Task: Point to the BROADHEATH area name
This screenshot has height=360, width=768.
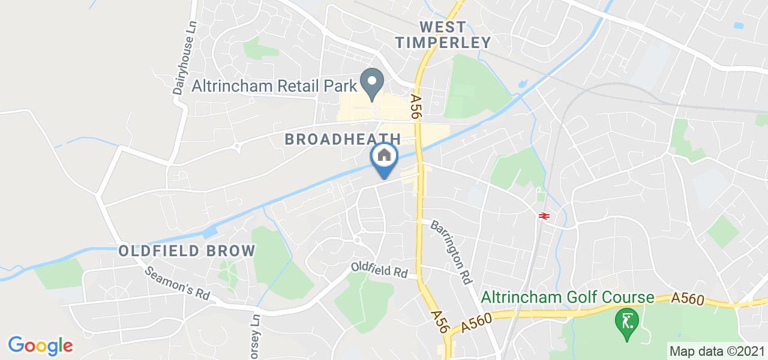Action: pyautogui.click(x=343, y=139)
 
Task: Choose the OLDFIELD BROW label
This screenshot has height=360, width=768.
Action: pyautogui.click(x=187, y=251)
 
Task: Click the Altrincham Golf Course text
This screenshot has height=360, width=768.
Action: pyautogui.click(x=567, y=298)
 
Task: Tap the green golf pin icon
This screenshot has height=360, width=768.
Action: pyautogui.click(x=626, y=320)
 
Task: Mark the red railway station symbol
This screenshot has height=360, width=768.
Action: pyautogui.click(x=545, y=216)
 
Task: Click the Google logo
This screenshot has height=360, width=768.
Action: pyautogui.click(x=40, y=345)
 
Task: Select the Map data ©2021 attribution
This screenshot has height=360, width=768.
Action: pyautogui.click(x=718, y=351)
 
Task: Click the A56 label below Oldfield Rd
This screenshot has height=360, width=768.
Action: pyautogui.click(x=439, y=320)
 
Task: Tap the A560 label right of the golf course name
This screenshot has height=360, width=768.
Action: pyautogui.click(x=689, y=299)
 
